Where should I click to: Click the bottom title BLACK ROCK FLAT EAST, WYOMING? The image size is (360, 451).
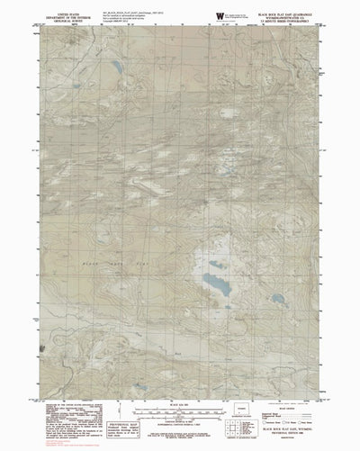click(296, 435)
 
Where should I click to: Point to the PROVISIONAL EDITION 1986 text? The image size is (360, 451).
click(296, 439)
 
